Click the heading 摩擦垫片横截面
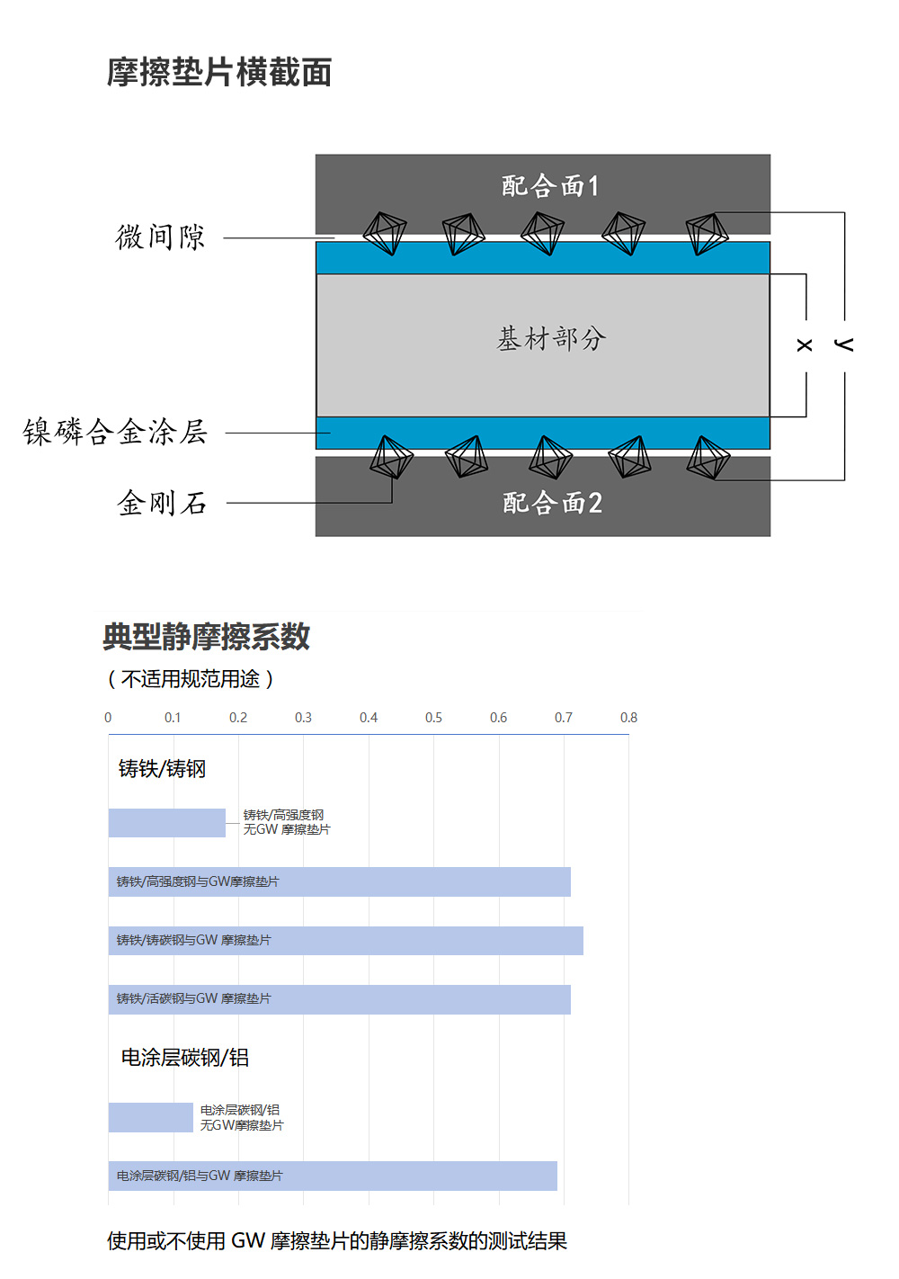219,72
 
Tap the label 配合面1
549,186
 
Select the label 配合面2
552,503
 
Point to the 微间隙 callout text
160,237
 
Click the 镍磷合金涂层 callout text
115,432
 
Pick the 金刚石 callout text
162,503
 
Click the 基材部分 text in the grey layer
551,338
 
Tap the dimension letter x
805,344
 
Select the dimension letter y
843,344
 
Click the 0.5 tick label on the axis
433,718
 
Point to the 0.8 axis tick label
628,718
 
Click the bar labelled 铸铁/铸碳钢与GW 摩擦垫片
346,941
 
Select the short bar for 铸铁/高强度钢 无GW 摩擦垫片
166,823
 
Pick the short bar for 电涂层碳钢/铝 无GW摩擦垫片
151,1117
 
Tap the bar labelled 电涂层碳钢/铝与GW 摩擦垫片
333,1176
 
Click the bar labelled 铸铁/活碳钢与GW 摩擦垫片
340,999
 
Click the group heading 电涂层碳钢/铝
185,1058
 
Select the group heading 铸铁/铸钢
162,768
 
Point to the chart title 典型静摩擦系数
206,637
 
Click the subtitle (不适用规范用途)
191,679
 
